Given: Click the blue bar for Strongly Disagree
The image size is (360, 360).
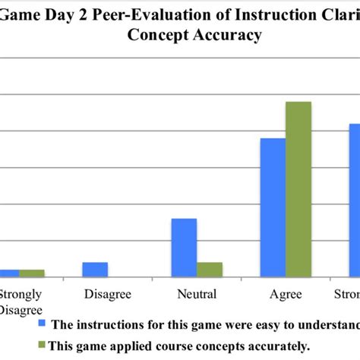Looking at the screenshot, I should [8, 273].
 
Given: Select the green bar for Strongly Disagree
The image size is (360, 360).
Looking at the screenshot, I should [32, 273].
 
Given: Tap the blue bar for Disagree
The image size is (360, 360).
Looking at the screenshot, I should [95, 270].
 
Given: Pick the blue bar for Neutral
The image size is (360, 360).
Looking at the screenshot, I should [184, 248].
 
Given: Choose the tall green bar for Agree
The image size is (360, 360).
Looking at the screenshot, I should [298, 189].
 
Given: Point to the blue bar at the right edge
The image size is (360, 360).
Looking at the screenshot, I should [354, 201].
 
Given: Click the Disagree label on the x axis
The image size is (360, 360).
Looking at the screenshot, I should [108, 294].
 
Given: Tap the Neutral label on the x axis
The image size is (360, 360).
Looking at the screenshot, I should [196, 294].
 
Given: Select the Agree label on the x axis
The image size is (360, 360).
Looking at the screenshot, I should [286, 294].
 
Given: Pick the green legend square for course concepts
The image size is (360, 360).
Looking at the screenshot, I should [43, 346].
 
